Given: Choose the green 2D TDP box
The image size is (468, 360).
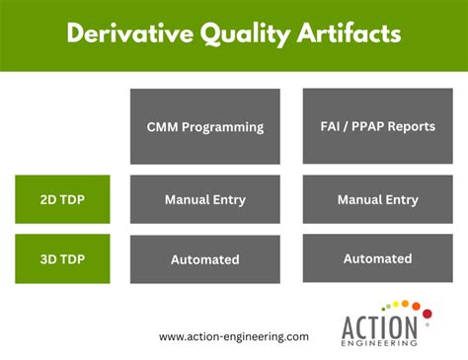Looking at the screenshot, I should click(x=62, y=199).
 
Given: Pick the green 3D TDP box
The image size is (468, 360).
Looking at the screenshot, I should click(x=62, y=259).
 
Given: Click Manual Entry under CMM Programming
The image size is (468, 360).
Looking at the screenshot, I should click(x=205, y=199).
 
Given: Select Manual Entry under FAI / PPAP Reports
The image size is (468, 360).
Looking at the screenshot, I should click(x=377, y=199).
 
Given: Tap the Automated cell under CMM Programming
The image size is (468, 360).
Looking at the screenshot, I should click(x=205, y=259).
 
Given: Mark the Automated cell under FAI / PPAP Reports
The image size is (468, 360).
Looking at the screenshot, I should click(x=377, y=258).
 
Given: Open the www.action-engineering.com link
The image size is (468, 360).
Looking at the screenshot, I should click(x=234, y=336).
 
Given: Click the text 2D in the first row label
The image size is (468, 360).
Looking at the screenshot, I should click(x=46, y=199).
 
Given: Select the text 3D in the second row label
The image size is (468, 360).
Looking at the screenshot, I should click(x=46, y=259).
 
